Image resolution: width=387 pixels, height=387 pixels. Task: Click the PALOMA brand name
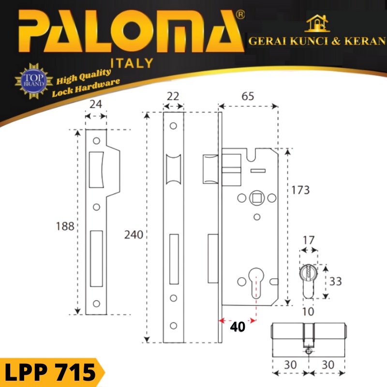pos(131,31)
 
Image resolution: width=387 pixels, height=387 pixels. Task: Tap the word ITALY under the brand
pos(132,63)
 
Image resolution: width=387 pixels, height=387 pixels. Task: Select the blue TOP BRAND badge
pos(34,81)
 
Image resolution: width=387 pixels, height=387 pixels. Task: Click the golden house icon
pos(317,23)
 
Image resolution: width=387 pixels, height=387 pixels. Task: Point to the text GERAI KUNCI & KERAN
pos(317,41)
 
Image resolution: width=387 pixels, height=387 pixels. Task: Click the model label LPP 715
pos(50,372)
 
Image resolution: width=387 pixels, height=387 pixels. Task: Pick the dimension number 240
pos(134,235)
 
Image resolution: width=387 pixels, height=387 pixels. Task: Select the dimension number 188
pos(65,226)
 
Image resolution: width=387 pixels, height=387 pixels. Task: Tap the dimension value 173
pos(300,190)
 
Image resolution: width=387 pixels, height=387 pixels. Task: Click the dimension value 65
pos(248,96)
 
